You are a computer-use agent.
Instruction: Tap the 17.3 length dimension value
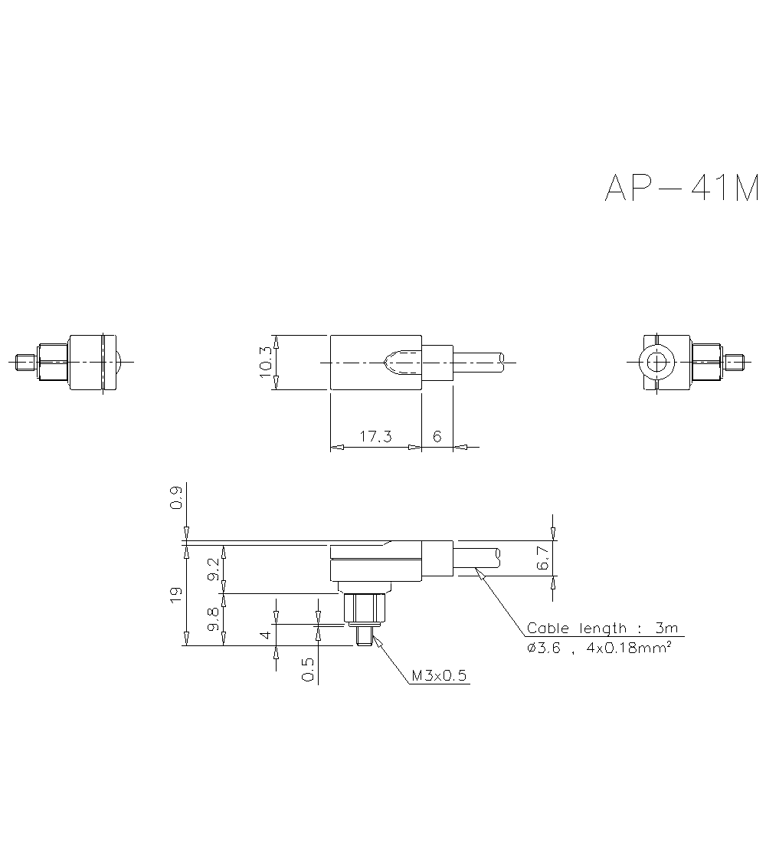click(x=375, y=436)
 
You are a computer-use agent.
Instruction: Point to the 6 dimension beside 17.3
click(x=437, y=436)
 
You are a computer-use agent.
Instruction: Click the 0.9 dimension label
click(x=176, y=498)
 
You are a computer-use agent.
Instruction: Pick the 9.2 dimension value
click(x=214, y=569)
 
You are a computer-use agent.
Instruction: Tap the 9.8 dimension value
click(x=214, y=618)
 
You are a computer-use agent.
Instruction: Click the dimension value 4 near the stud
click(x=265, y=634)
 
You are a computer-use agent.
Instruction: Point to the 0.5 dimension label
click(x=307, y=669)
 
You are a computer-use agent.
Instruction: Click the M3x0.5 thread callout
click(x=439, y=676)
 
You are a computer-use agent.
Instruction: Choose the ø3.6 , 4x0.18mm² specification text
click(x=599, y=648)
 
